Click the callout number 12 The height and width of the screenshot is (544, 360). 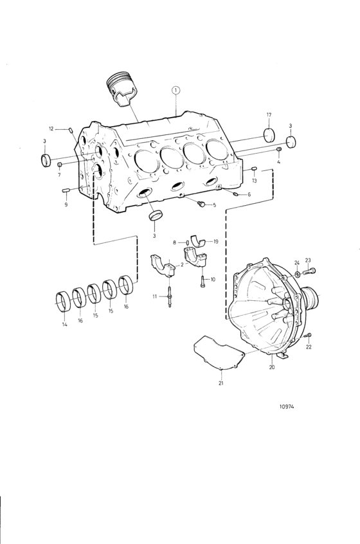click(x=60, y=129)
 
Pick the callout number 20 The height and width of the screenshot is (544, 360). click(x=271, y=367)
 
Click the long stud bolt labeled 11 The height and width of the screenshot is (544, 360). click(x=169, y=299)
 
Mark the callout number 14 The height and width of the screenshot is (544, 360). click(x=64, y=325)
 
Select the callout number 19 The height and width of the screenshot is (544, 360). click(x=216, y=241)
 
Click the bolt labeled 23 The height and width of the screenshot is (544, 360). click(x=312, y=269)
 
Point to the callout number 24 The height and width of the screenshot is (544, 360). click(x=297, y=262)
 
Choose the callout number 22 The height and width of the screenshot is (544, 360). click(x=309, y=347)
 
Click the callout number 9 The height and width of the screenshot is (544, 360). click(x=65, y=204)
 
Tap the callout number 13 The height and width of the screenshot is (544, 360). click(x=255, y=181)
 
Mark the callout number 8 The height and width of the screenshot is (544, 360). click(x=175, y=242)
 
